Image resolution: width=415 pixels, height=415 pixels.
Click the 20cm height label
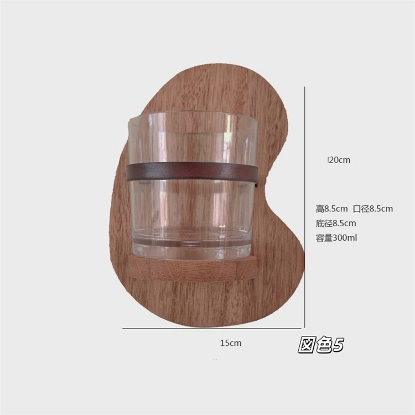(339, 160)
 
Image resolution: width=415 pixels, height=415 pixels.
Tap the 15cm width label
(231, 343)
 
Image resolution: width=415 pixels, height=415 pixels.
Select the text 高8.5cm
(331, 209)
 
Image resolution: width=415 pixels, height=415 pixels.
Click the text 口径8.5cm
(373, 209)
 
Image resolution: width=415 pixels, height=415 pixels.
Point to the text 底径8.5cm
(336, 224)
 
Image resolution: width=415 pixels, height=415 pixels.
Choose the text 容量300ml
(336, 238)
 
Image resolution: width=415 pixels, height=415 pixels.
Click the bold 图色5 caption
(321, 345)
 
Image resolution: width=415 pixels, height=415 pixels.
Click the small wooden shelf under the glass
(192, 267)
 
